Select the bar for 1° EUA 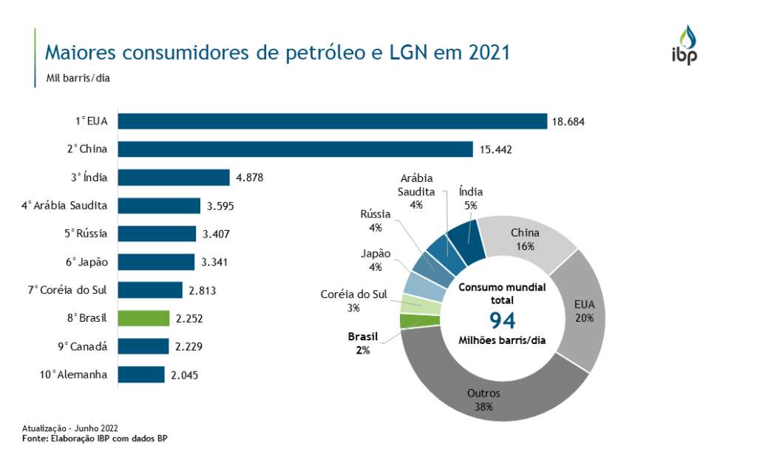tap(332, 121)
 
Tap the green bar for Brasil tap(143, 318)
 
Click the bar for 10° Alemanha tap(141, 374)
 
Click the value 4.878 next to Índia tap(248, 178)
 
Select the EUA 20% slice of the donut tap(583, 311)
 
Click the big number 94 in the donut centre tap(502, 320)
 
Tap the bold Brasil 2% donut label tap(363, 343)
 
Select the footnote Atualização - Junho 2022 tap(69, 428)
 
